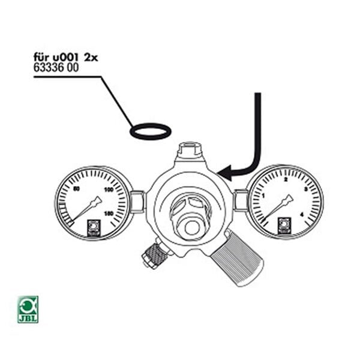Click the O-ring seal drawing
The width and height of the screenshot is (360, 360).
click(x=151, y=131)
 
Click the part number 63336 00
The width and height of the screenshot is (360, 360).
click(x=56, y=68)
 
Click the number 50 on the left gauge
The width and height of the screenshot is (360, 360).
click(x=76, y=190)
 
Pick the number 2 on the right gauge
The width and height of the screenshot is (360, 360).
click(x=286, y=179)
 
